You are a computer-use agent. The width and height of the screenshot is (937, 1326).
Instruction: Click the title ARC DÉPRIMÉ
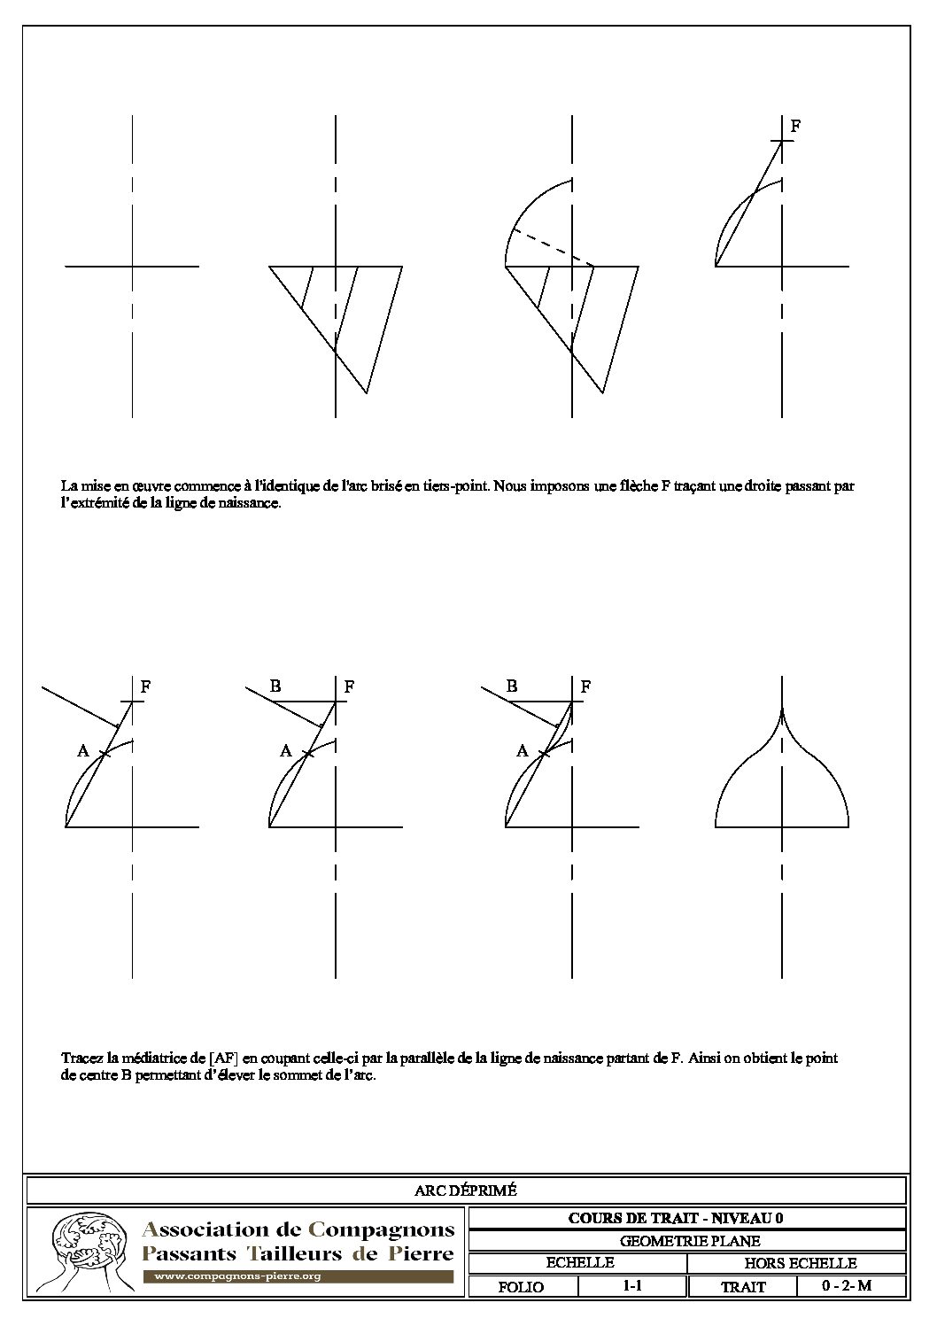465,1190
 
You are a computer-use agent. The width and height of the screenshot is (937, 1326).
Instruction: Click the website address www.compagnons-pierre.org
237,1276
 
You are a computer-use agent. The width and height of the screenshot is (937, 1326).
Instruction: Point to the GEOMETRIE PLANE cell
687,1241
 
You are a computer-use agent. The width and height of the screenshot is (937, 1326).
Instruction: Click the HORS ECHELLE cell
800,1263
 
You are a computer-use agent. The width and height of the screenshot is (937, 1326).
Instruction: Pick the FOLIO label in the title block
522,1287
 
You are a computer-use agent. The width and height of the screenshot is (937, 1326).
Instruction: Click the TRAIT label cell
743,1287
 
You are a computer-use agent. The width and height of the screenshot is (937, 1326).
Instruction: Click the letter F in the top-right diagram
795,127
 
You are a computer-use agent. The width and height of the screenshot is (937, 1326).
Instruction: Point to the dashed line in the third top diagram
549,247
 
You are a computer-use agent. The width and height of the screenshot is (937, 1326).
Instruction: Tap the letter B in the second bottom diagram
275,686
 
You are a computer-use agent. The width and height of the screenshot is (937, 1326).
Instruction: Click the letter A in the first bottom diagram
83,751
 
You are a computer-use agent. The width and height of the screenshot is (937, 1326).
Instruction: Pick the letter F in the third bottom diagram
585,686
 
